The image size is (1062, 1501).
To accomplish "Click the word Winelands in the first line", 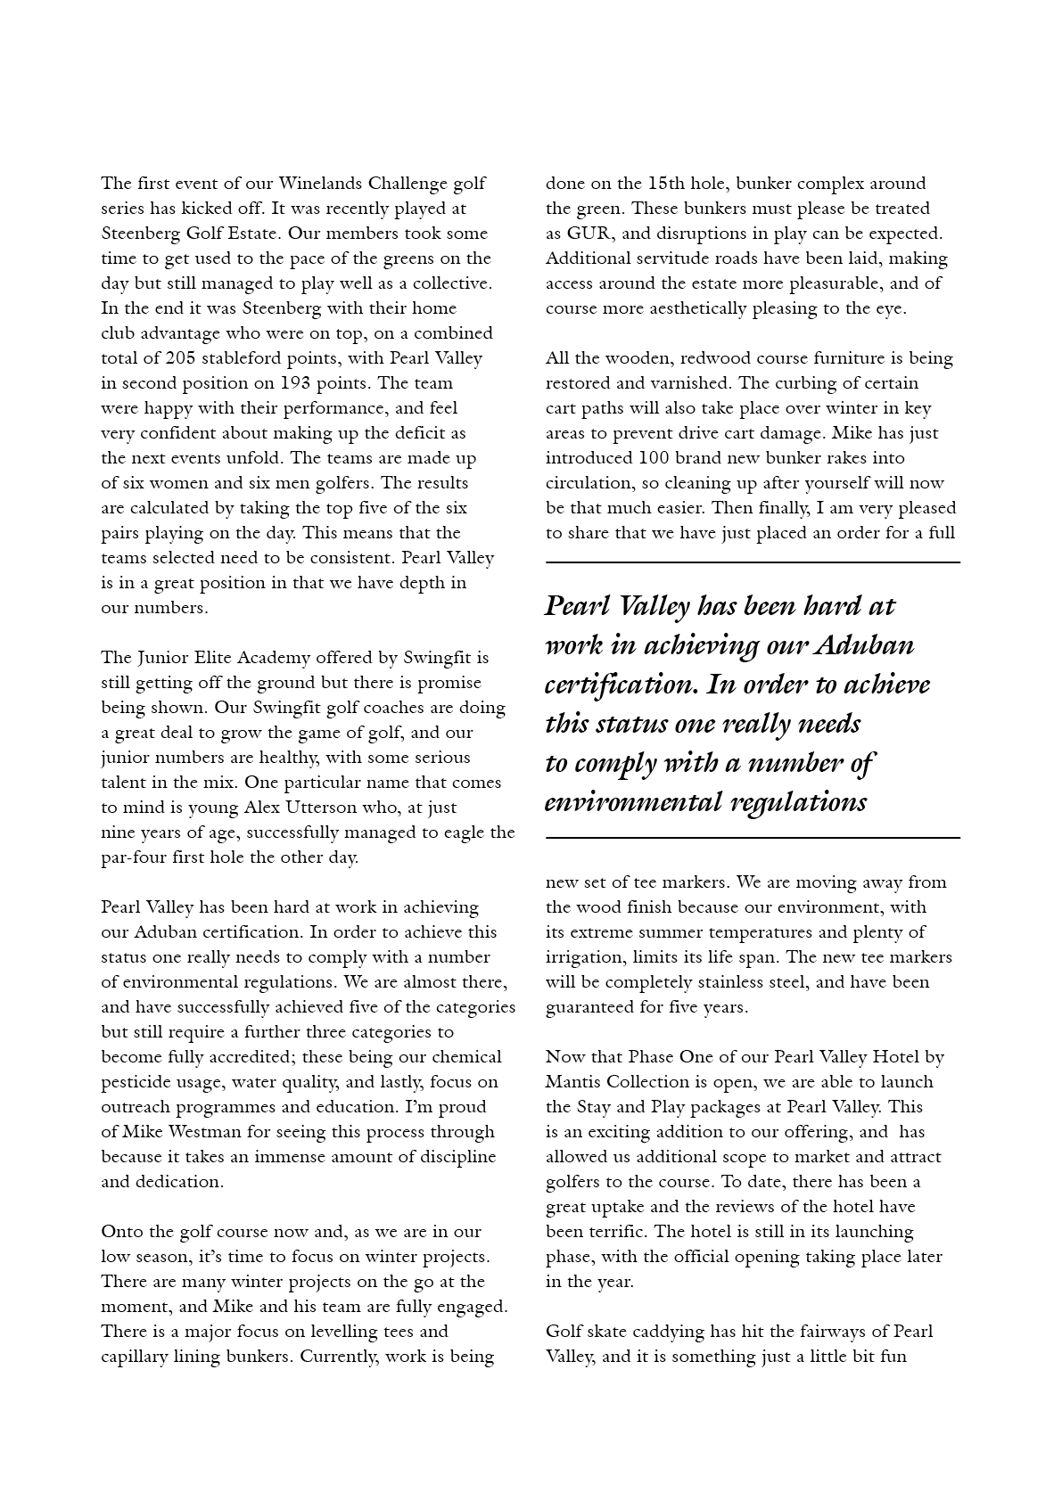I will (320, 184).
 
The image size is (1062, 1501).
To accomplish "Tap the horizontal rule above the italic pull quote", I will (753, 562).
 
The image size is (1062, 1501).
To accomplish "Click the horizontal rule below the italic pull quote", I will (753, 838).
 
